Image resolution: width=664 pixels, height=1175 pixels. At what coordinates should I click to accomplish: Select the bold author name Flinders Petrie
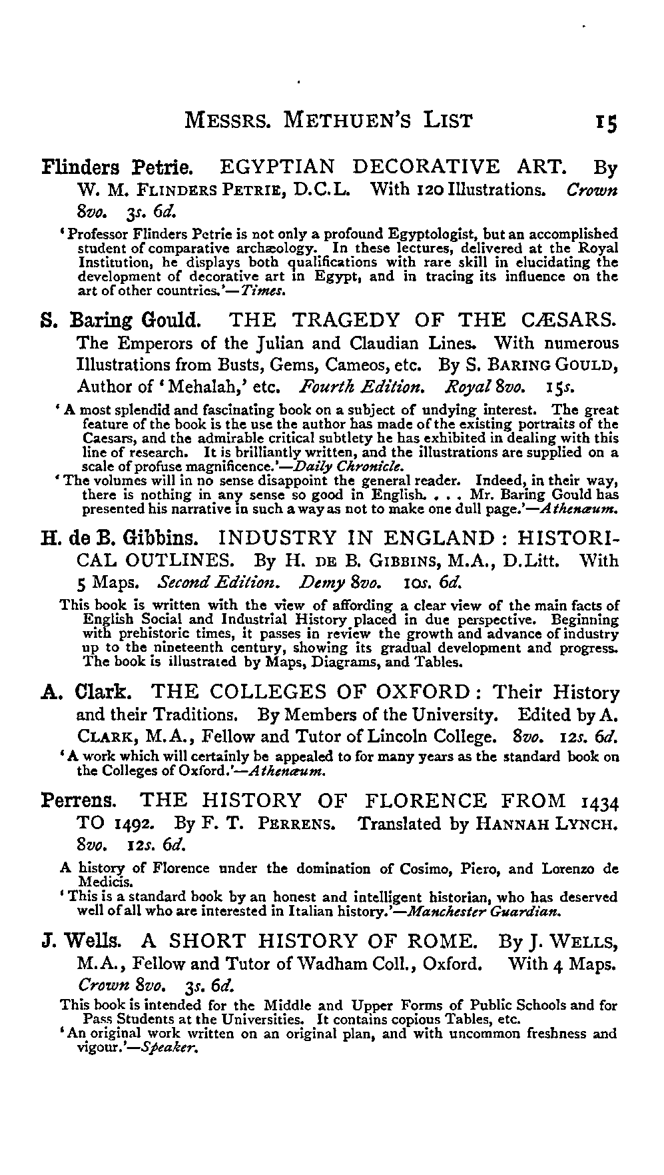(118, 167)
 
